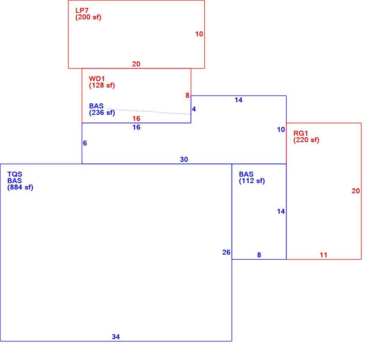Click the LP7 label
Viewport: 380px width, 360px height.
(x=82, y=11)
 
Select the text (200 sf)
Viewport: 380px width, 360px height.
(x=88, y=17)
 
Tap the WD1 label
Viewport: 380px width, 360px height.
(x=97, y=78)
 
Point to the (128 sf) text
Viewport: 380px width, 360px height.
(x=102, y=85)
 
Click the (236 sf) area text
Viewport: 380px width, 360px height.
(x=102, y=113)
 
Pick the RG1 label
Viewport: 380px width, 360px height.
(x=301, y=133)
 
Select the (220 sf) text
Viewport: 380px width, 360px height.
(x=306, y=140)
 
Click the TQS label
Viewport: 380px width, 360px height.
(x=14, y=174)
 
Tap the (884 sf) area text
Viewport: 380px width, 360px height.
(x=20, y=187)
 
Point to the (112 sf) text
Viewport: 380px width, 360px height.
(x=252, y=181)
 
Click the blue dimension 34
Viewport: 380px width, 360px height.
(x=115, y=337)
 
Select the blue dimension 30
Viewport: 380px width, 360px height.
(x=184, y=160)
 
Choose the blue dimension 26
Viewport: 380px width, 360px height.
(x=226, y=252)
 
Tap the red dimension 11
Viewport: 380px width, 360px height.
(x=324, y=255)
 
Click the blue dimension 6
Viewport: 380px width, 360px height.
(x=85, y=143)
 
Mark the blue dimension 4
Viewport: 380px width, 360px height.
(x=194, y=109)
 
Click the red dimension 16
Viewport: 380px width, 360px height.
(x=136, y=118)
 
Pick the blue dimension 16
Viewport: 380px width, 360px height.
(x=136, y=127)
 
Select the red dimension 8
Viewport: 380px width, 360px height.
(x=187, y=95)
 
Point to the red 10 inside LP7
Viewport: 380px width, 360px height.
(x=199, y=34)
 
